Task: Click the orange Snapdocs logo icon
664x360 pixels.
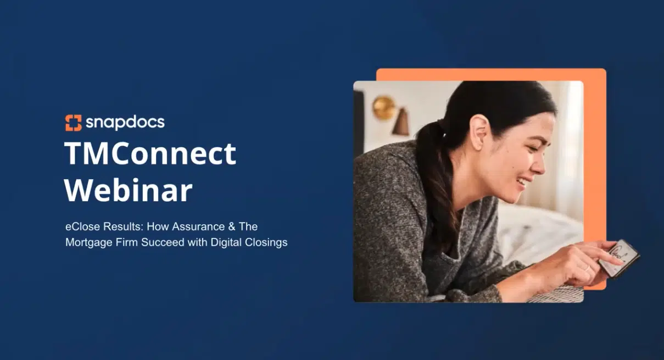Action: coord(73,123)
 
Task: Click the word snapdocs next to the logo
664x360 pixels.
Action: coord(125,123)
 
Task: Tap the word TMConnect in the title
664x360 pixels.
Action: coord(150,153)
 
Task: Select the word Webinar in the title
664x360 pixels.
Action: coord(129,190)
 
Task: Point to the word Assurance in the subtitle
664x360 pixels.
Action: coord(198,226)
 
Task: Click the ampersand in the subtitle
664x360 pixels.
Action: coord(232,226)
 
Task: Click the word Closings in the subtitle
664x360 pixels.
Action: coord(266,242)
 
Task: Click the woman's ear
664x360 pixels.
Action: coord(479,132)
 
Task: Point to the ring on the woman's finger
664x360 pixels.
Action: coord(588,268)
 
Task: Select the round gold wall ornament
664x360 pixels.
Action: coord(383,108)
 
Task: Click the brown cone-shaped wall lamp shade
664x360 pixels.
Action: coord(401,122)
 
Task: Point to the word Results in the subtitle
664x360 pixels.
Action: coord(123,226)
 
